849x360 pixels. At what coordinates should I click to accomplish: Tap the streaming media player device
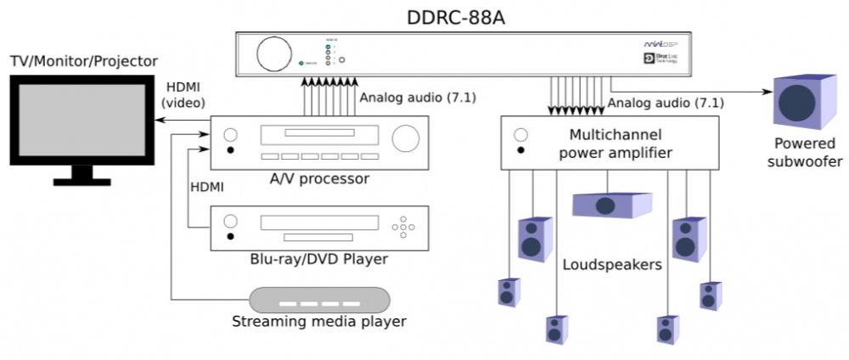point(320,301)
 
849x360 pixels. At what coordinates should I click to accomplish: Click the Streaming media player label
point(320,322)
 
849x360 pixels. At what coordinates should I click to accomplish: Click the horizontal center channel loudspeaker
point(611,205)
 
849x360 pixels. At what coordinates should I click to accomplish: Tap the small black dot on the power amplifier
point(521,151)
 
